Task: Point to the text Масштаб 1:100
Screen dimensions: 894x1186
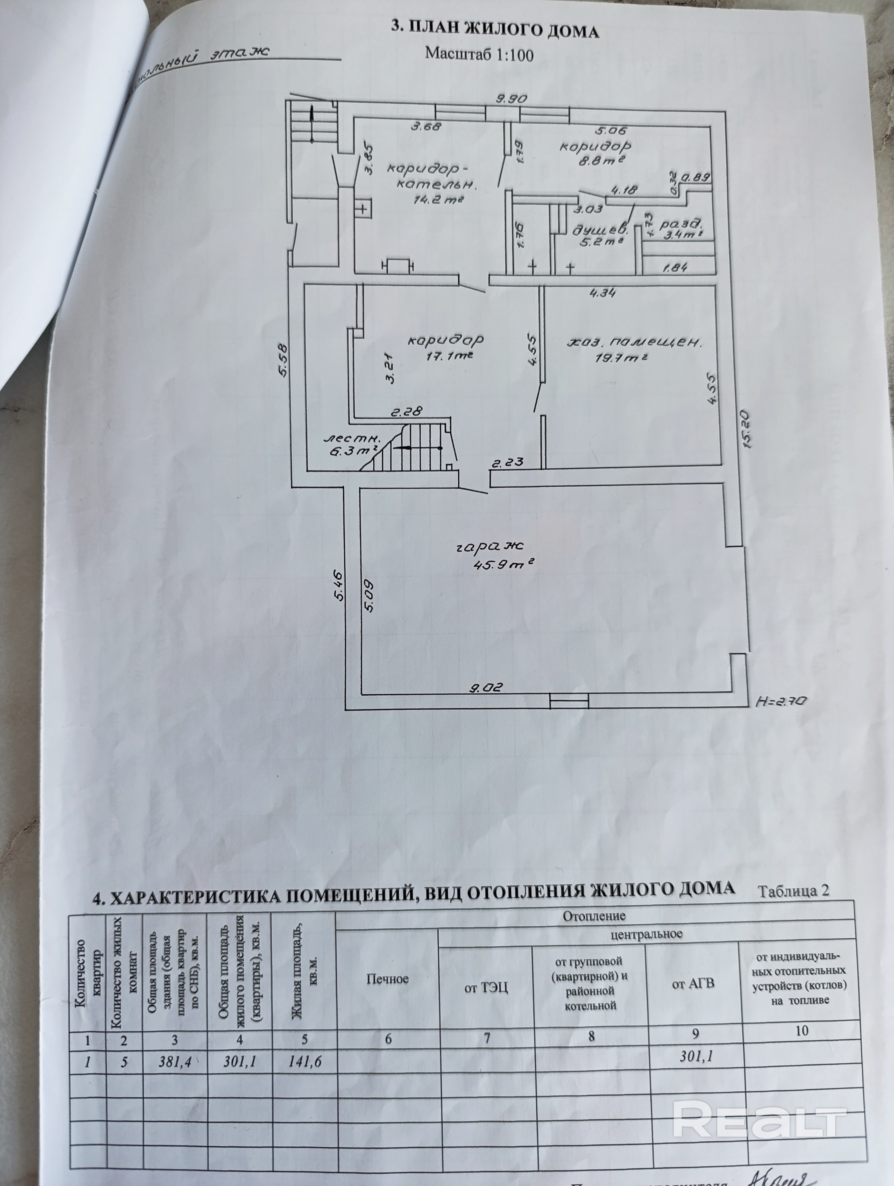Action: [x=479, y=53]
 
